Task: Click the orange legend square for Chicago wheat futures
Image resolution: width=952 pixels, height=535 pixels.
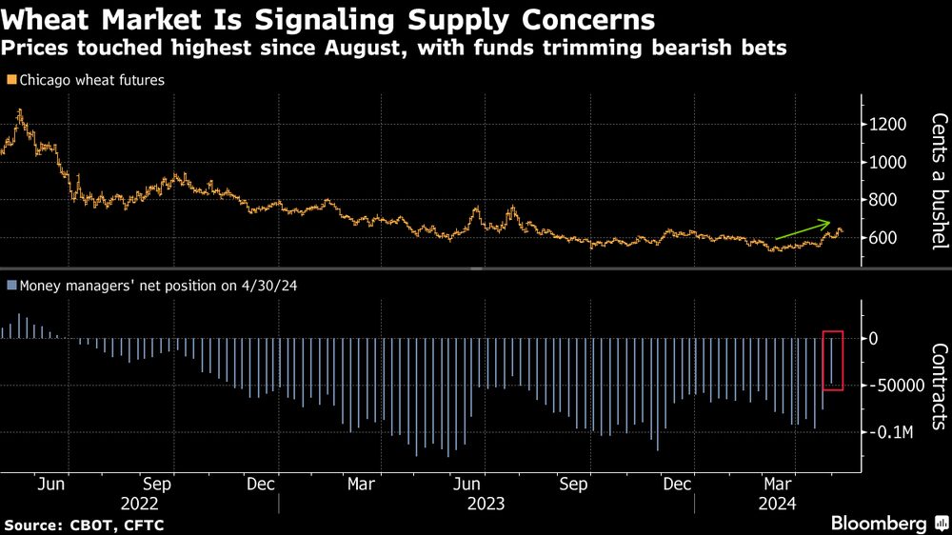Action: (x=10, y=81)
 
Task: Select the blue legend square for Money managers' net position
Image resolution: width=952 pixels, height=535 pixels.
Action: (x=10, y=284)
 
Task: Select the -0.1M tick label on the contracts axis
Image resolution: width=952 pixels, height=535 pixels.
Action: (x=891, y=432)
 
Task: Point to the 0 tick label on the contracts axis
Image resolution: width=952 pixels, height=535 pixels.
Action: (x=873, y=339)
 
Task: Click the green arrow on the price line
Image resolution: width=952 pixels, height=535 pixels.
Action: (x=802, y=230)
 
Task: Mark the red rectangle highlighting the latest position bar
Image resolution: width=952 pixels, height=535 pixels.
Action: (x=833, y=360)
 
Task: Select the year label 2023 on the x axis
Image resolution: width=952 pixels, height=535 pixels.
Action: (x=486, y=503)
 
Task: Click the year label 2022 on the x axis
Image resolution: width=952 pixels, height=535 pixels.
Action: (x=139, y=503)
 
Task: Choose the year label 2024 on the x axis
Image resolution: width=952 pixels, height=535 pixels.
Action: (x=776, y=503)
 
